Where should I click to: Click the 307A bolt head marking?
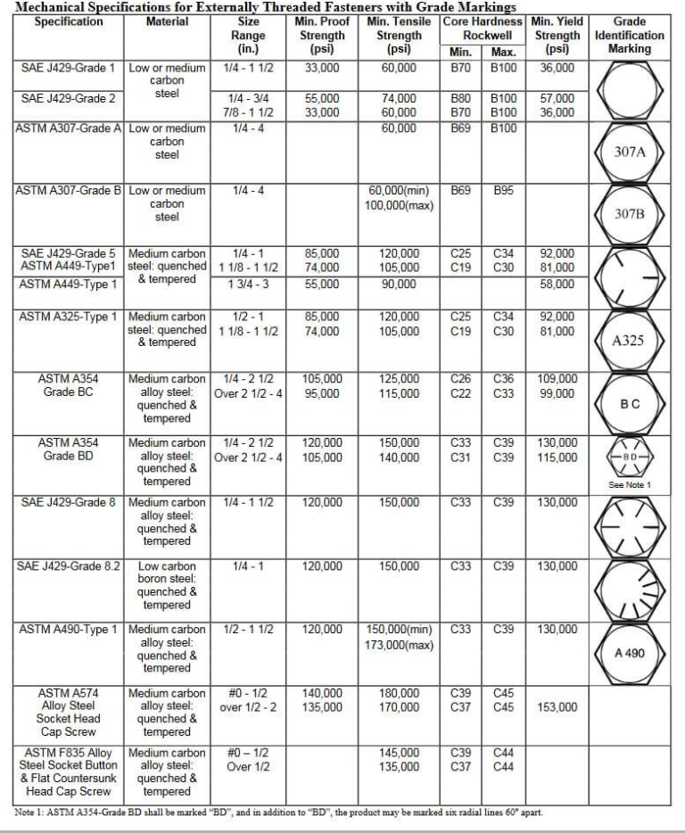(630, 152)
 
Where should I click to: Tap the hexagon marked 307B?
(630, 214)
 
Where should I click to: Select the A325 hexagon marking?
(630, 340)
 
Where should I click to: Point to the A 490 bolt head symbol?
(630, 653)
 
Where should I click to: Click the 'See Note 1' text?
(630, 485)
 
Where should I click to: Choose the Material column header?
(167, 21)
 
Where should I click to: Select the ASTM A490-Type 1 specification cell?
(69, 629)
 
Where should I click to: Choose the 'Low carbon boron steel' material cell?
(167, 585)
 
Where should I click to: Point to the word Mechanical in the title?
(54, 6)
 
